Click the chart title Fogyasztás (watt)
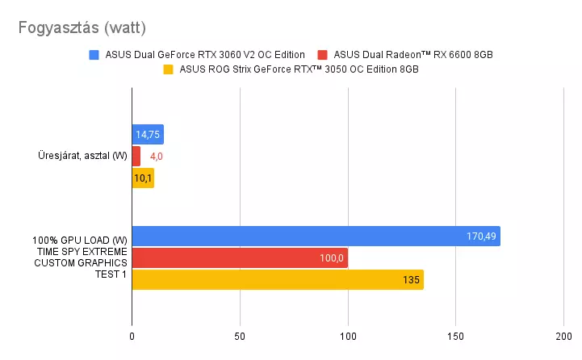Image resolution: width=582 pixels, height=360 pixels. [82, 28]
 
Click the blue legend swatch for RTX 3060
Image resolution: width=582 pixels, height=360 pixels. [94, 55]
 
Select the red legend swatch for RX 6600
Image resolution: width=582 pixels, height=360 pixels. [323, 55]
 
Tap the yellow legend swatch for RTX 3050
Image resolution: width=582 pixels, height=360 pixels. [169, 69]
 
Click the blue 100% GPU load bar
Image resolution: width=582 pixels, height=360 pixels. [316, 237]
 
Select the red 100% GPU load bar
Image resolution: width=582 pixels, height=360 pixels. [240, 258]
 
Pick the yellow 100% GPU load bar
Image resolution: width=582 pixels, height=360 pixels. [278, 280]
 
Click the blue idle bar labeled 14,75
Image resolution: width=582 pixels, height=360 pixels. [148, 135]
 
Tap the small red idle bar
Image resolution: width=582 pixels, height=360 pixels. [136, 157]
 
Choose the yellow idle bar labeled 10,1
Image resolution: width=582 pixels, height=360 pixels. [142, 178]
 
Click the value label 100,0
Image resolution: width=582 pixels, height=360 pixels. [330, 258]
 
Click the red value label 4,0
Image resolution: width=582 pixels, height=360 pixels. [157, 157]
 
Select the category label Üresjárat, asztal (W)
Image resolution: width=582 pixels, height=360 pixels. [82, 157]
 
